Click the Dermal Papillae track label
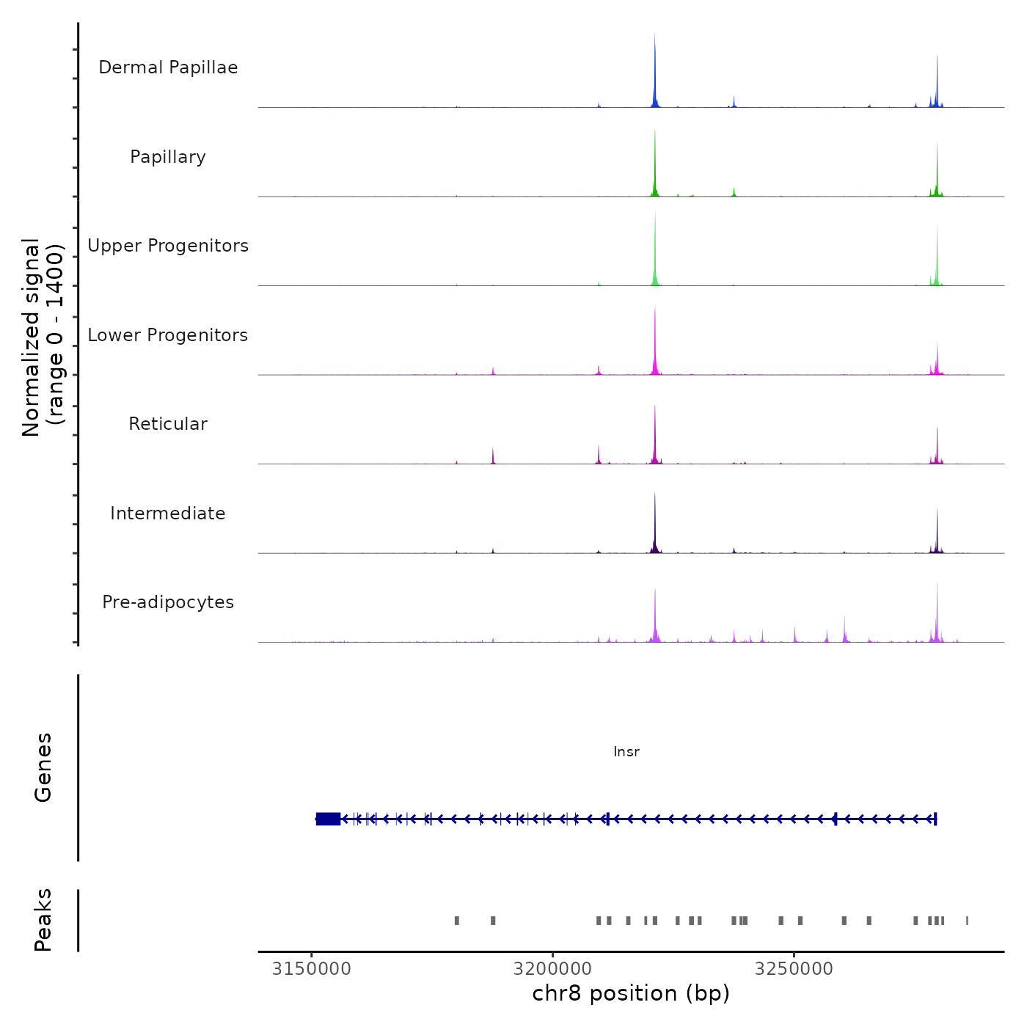(x=168, y=67)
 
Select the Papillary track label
(x=168, y=157)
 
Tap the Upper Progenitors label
(x=168, y=246)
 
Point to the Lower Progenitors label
(x=168, y=335)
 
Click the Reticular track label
(x=168, y=424)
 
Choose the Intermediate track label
(x=168, y=513)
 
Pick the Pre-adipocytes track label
(x=168, y=602)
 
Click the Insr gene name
(x=626, y=752)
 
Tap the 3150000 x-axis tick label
(x=312, y=969)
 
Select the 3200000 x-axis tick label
(x=553, y=969)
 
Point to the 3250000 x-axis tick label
(x=794, y=969)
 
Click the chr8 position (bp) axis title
(x=631, y=993)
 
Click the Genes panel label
(x=43, y=767)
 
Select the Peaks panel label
(x=43, y=920)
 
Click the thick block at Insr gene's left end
(x=328, y=819)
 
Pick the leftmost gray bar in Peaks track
(x=457, y=921)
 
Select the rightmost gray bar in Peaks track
(x=967, y=921)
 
